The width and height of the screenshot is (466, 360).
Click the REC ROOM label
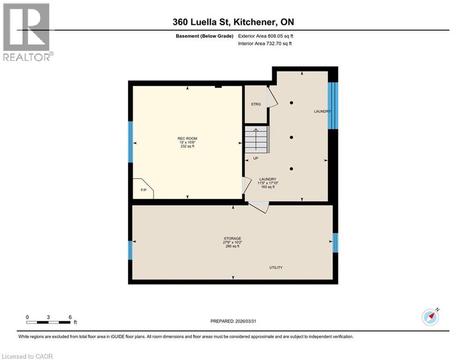pyautogui.click(x=187, y=138)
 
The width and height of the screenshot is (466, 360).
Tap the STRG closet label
pyautogui.click(x=255, y=104)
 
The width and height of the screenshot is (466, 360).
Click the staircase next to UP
pyautogui.click(x=257, y=139)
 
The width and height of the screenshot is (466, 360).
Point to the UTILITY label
pyautogui.click(x=275, y=267)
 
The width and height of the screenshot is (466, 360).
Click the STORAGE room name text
pyautogui.click(x=232, y=238)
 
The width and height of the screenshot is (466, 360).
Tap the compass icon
pyautogui.click(x=430, y=317)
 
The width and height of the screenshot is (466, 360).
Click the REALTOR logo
pyautogui.click(x=27, y=31)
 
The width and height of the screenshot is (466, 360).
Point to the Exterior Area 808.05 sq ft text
pyautogui.click(x=266, y=36)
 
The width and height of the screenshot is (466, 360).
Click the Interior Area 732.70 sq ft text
pyautogui.click(x=265, y=44)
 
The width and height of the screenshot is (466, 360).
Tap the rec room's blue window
pyautogui.click(x=131, y=142)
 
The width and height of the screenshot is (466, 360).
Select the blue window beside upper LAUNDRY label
pyautogui.click(x=333, y=105)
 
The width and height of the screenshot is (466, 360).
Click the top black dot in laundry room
pyautogui.click(x=291, y=103)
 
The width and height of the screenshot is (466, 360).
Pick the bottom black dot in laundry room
pyautogui.click(x=291, y=169)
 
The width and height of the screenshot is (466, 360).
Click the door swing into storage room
pyautogui.click(x=259, y=207)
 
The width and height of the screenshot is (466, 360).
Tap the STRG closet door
pyautogui.click(x=272, y=97)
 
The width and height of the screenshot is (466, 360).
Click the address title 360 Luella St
pyautogui.click(x=233, y=22)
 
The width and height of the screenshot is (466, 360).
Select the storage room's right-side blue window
pyautogui.click(x=335, y=243)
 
